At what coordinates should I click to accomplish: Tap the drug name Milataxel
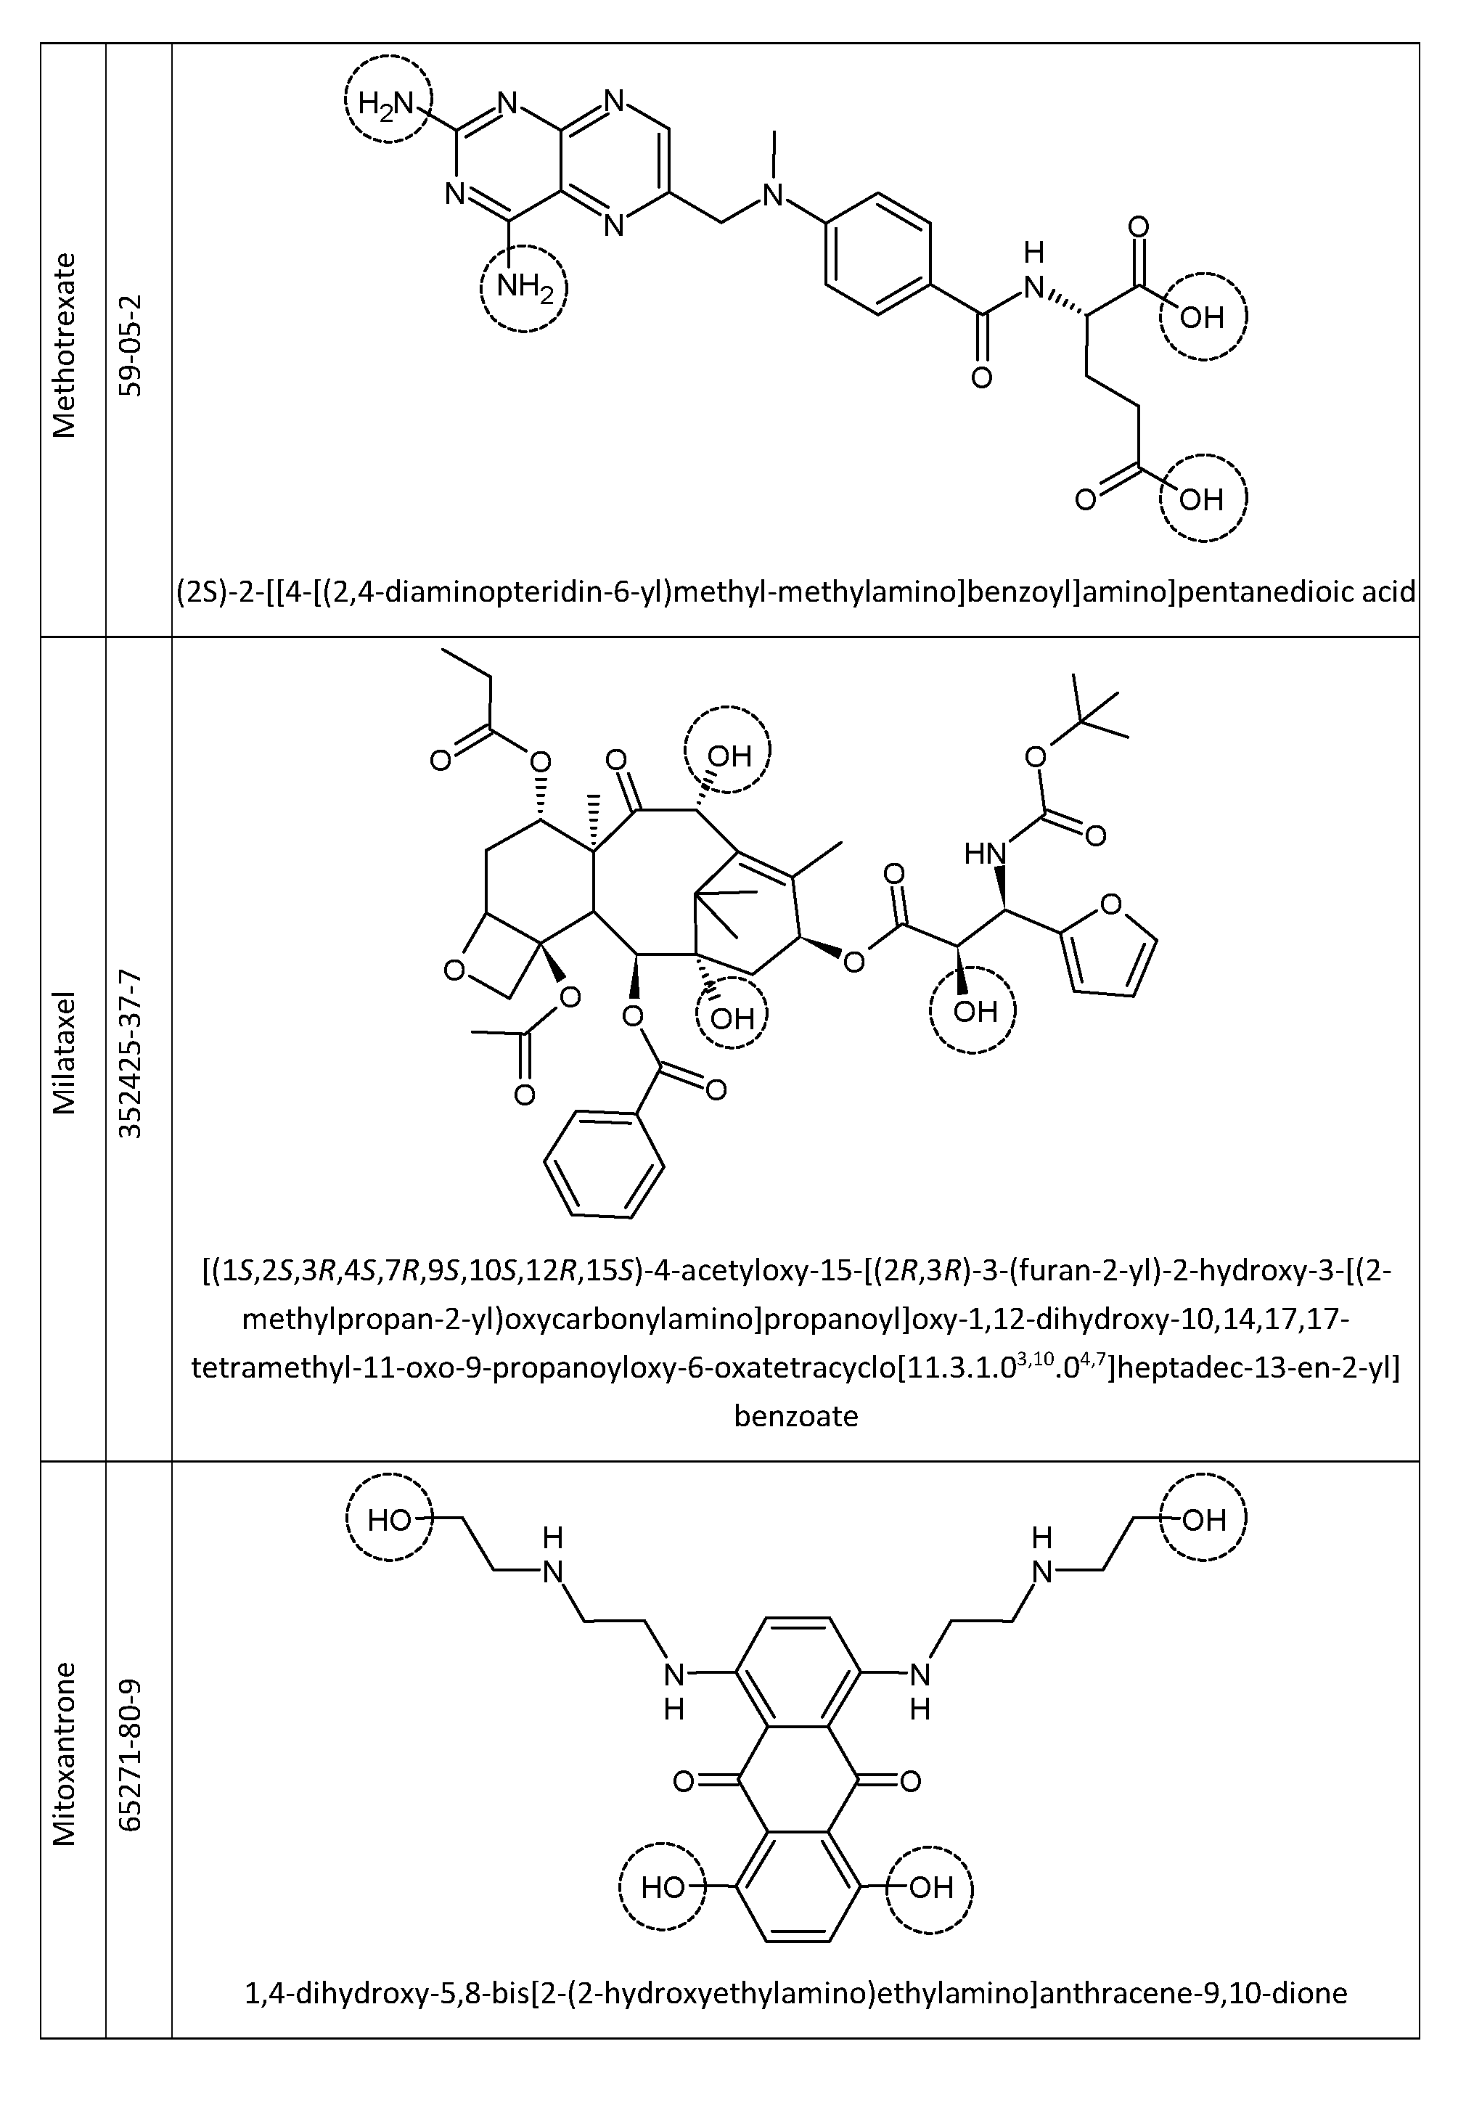65,1052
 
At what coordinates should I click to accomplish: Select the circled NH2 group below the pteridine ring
525,289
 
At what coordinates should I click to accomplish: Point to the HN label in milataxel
984,854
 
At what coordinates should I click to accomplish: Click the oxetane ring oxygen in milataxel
454,970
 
